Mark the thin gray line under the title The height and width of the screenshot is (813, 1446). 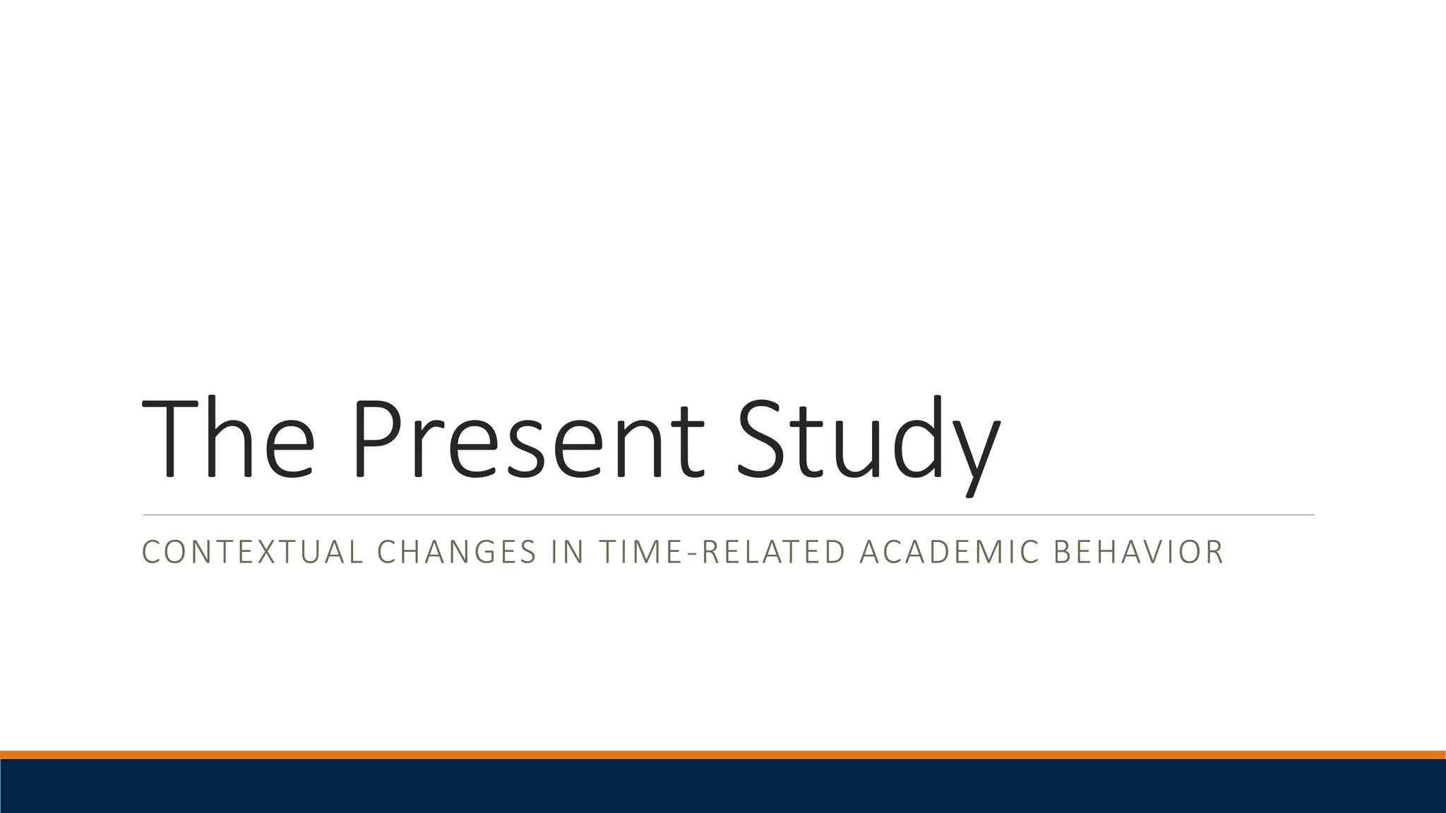728,515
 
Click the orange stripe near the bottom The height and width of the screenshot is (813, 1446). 723,754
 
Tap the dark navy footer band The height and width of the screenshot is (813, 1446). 723,786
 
